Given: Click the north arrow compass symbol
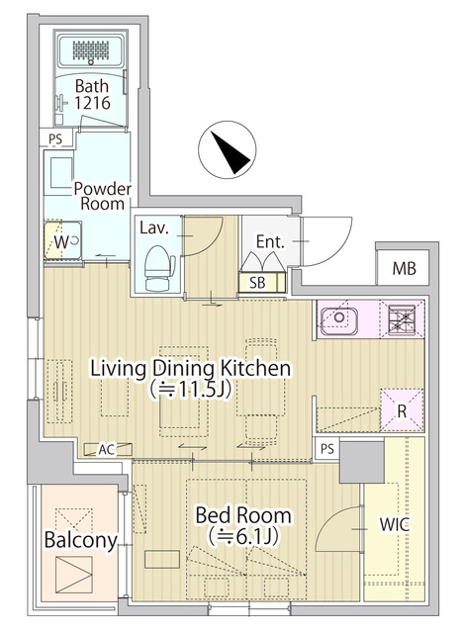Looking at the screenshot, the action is click(x=227, y=149).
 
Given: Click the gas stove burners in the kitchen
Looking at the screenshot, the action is click(x=402, y=319).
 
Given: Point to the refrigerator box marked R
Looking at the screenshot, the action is click(x=402, y=410).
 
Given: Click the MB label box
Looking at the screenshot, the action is click(x=404, y=268).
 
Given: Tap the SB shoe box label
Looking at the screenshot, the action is click(x=257, y=283).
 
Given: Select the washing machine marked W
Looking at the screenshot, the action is click(x=63, y=241).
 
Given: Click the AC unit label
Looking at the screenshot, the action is click(x=108, y=449).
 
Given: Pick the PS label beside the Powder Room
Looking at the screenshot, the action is click(x=55, y=138).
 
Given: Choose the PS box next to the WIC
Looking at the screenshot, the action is click(x=327, y=448).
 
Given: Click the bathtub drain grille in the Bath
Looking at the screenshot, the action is click(x=91, y=50).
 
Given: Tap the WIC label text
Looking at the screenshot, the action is click(x=394, y=524).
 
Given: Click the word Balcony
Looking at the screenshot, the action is click(x=81, y=540).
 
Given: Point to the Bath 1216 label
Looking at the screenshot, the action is click(x=92, y=95).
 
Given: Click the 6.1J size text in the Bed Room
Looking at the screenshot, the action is click(x=244, y=536).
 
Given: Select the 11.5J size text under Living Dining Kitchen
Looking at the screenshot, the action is click(x=191, y=390).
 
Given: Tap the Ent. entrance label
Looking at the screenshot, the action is click(x=271, y=241).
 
